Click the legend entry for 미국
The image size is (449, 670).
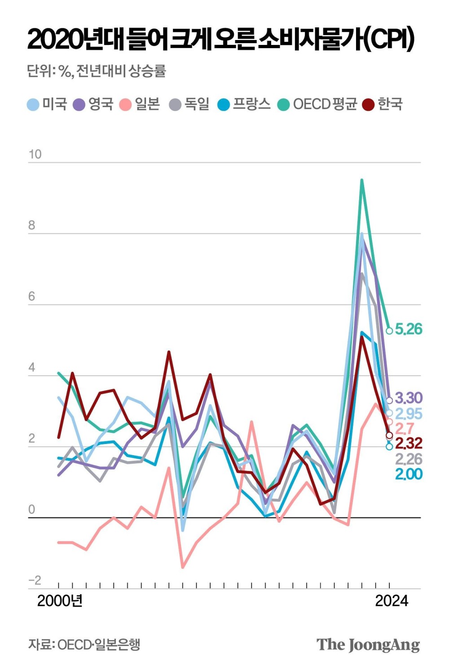pyautogui.click(x=47, y=104)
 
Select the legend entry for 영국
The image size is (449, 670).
pyautogui.click(x=93, y=104)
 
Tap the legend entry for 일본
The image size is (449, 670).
pyautogui.click(x=140, y=104)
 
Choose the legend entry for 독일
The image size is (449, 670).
pyautogui.click(x=189, y=104)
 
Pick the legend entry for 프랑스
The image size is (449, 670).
pyautogui.click(x=244, y=104)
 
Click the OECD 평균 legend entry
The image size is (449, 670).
pyautogui.click(x=317, y=104)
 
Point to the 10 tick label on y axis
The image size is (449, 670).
pyautogui.click(x=35, y=154)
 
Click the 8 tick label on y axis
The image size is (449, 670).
pyautogui.click(x=31, y=225)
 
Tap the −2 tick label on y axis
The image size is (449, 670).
pyautogui.click(x=35, y=580)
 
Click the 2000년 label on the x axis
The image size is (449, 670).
pyautogui.click(x=60, y=601)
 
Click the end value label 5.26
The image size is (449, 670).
pyautogui.click(x=409, y=329)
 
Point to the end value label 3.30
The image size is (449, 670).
pyautogui.click(x=409, y=398)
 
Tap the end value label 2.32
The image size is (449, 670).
pyautogui.click(x=409, y=444)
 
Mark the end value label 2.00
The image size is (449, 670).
pyautogui.click(x=409, y=474)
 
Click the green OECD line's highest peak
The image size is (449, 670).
pyautogui.click(x=361, y=180)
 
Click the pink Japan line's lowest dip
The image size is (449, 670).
pyautogui.click(x=183, y=567)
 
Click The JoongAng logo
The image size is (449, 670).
pyautogui.click(x=368, y=644)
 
